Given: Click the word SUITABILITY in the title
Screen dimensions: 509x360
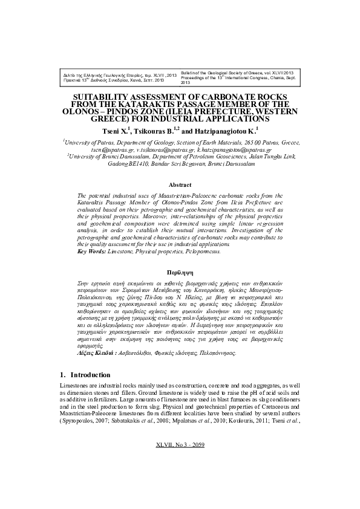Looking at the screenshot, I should tap(103, 97).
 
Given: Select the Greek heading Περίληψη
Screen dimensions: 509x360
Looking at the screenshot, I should tap(180, 273).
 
